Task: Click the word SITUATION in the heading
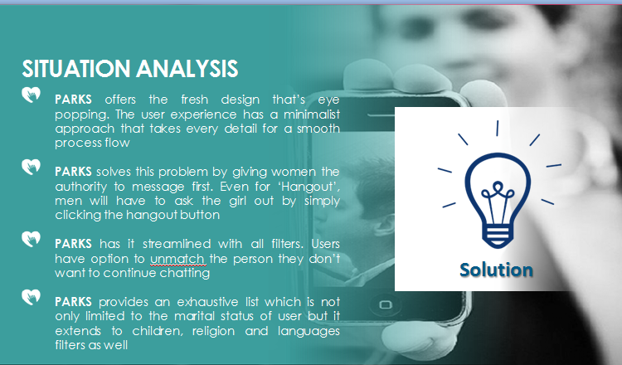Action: (76, 69)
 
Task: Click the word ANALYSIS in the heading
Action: (187, 69)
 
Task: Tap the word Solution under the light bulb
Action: (496, 270)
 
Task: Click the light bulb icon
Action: (498, 187)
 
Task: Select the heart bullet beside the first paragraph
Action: (31, 95)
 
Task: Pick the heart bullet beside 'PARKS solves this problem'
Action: (31, 167)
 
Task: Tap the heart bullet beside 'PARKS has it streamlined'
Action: (31, 239)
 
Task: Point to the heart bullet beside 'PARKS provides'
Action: (31, 297)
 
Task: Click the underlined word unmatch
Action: (177, 259)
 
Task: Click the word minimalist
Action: (312, 114)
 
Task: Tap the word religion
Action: (213, 331)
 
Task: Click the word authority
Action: (81, 187)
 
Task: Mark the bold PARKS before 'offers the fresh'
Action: (73, 100)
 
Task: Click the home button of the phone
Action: (386, 304)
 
